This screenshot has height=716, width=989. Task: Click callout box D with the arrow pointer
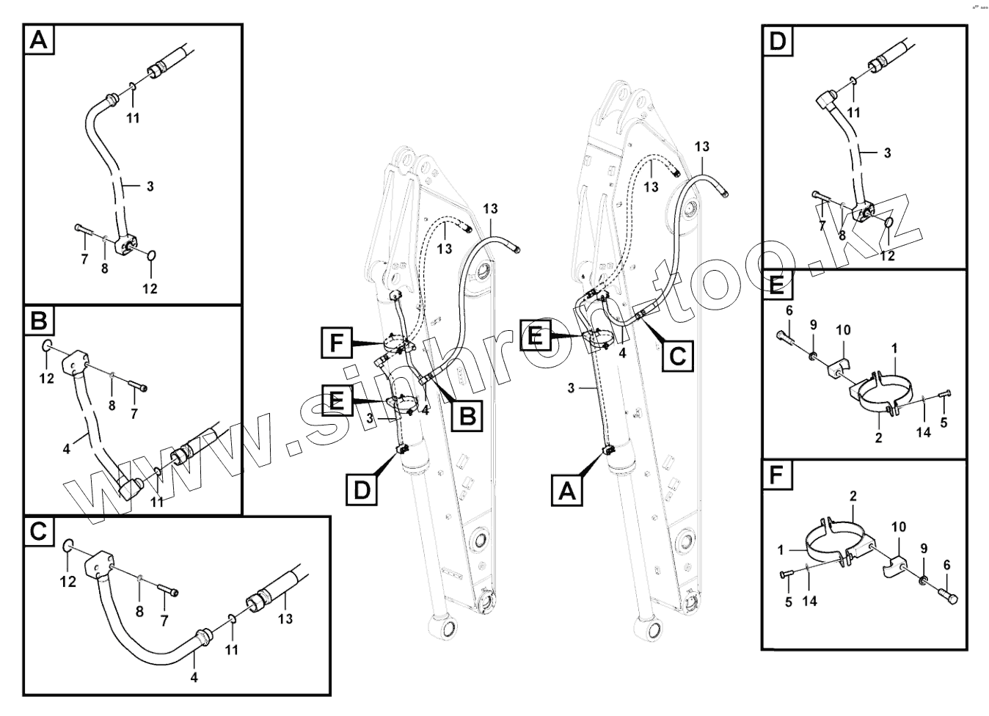click(362, 489)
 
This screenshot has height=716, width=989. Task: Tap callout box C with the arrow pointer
click(677, 356)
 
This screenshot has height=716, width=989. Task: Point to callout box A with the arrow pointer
click(567, 491)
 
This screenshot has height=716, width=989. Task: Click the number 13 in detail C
click(285, 618)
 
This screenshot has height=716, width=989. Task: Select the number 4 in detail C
click(194, 677)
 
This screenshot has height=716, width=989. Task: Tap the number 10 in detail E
click(844, 330)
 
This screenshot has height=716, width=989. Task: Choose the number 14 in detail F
click(809, 601)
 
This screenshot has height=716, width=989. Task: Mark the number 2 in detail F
click(853, 497)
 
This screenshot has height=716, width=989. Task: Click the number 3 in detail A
click(150, 186)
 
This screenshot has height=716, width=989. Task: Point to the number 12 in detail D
click(888, 256)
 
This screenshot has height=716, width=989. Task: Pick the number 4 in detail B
click(67, 448)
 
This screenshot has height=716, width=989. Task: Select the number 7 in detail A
click(84, 259)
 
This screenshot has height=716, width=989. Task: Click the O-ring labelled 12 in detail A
click(150, 255)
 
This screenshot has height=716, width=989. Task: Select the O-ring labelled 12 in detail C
click(67, 546)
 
